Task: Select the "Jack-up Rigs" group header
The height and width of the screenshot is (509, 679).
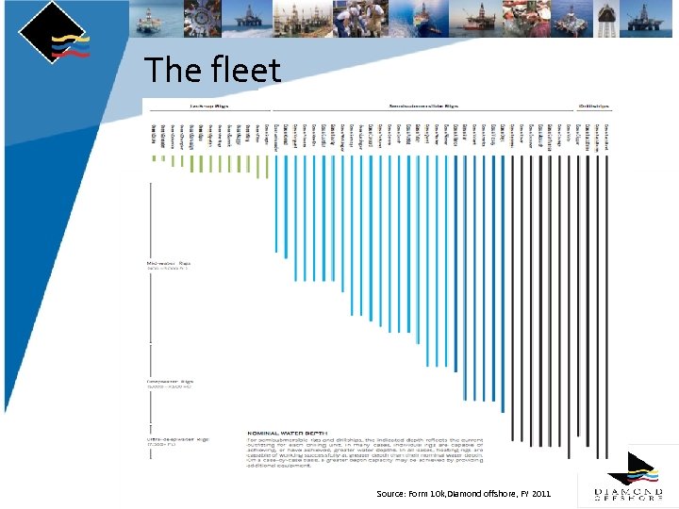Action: pos(210,107)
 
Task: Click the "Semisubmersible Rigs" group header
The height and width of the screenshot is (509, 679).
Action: pos(424,107)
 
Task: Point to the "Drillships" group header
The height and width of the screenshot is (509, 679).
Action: pos(593,107)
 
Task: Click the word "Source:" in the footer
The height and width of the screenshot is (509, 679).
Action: pos(390,494)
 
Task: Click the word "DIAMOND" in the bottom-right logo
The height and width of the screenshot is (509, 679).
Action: pos(626,490)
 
